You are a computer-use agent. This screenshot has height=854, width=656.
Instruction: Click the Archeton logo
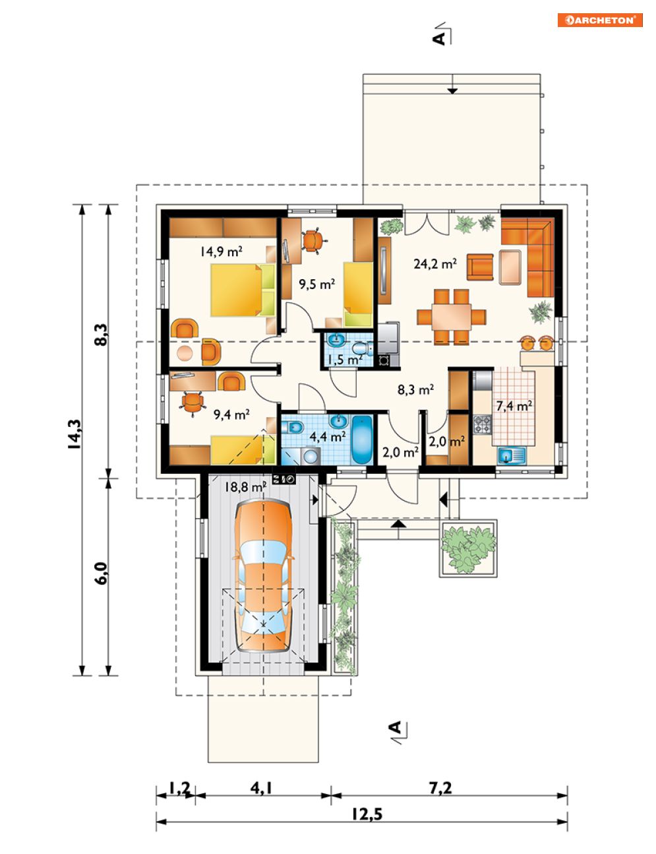(599, 20)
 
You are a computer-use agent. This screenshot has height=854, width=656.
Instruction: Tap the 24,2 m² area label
(435, 263)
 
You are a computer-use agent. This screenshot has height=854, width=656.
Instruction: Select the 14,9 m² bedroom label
(221, 251)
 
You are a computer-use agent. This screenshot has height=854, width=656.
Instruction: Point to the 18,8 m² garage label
(245, 487)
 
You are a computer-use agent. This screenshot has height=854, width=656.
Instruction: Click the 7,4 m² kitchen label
(514, 405)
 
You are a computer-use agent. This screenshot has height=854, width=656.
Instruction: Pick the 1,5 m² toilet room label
(345, 359)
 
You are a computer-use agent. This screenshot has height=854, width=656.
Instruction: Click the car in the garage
(264, 576)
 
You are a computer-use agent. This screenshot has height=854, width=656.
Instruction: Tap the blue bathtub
(361, 440)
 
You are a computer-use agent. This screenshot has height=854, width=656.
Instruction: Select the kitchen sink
(511, 456)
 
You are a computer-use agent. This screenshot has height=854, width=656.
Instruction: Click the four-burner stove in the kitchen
(482, 425)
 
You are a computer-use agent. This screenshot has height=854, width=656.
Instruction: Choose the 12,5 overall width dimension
(367, 814)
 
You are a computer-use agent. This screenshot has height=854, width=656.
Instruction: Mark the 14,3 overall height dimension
(75, 434)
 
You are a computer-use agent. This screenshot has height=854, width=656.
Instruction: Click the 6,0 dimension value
(102, 574)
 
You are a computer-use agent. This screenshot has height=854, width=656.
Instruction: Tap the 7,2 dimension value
(440, 787)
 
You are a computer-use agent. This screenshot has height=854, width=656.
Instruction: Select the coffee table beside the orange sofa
(510, 267)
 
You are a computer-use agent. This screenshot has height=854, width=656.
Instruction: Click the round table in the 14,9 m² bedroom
(185, 353)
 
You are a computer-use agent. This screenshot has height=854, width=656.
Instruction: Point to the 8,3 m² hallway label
(415, 389)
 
